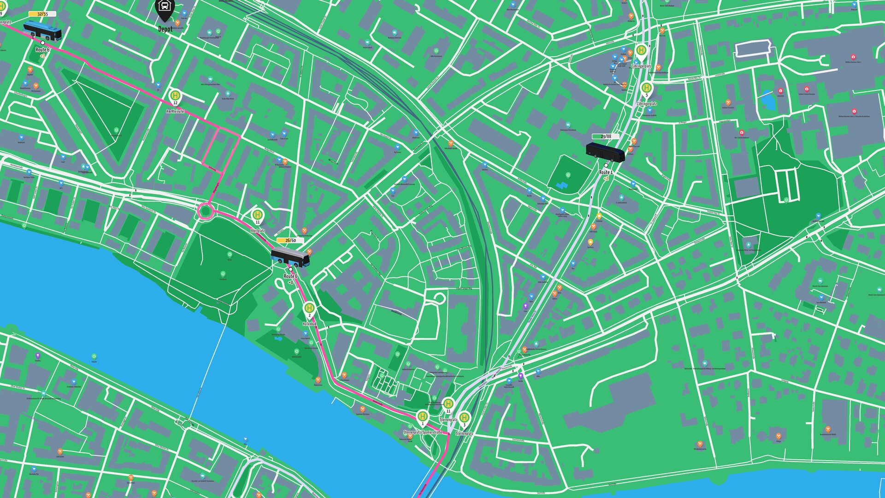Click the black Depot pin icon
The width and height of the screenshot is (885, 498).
click(164, 8)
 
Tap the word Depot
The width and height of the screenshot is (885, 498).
click(165, 29)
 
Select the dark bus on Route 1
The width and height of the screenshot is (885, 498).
click(605, 152)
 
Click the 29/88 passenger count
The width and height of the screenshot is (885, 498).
click(606, 136)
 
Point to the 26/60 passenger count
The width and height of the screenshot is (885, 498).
click(290, 240)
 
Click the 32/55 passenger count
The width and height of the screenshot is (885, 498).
click(42, 14)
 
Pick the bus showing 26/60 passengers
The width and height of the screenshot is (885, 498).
click(290, 257)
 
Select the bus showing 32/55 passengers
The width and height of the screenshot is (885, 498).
click(42, 30)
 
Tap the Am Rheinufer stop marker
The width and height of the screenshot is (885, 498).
click(175, 95)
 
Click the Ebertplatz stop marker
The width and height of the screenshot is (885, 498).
click(258, 214)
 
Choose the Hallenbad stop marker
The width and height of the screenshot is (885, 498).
click(310, 308)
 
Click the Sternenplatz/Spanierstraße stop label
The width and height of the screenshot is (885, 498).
click(422, 433)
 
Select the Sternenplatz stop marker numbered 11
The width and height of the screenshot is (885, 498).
click(448, 404)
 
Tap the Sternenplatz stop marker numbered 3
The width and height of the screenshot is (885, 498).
click(464, 418)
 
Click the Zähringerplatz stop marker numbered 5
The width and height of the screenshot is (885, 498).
click(646, 88)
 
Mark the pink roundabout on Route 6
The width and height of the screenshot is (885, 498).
click(205, 212)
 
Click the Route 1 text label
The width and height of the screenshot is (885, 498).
click(606, 172)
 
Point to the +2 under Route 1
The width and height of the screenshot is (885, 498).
click(606, 178)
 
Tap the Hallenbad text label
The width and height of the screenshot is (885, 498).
click(310, 324)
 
